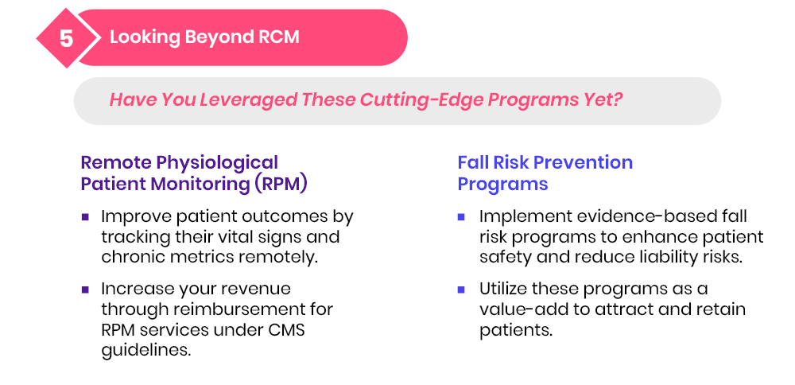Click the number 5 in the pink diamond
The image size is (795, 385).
[67, 38]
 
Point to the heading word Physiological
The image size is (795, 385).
[217, 163]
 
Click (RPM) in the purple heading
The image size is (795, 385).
[281, 184]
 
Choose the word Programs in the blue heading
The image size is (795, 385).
[502, 184]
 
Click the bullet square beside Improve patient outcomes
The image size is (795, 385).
[85, 217]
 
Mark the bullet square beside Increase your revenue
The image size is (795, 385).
[85, 290]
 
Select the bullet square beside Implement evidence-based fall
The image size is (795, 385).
[461, 217]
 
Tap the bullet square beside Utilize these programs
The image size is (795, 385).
[461, 290]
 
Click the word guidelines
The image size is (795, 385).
[146, 351]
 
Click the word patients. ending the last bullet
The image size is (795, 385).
[516, 330]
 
